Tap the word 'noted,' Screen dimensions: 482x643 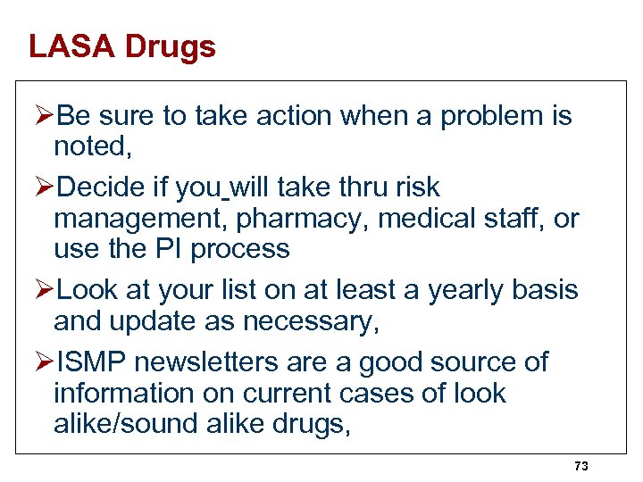point(93,146)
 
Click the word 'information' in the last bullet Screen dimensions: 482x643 point(124,393)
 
